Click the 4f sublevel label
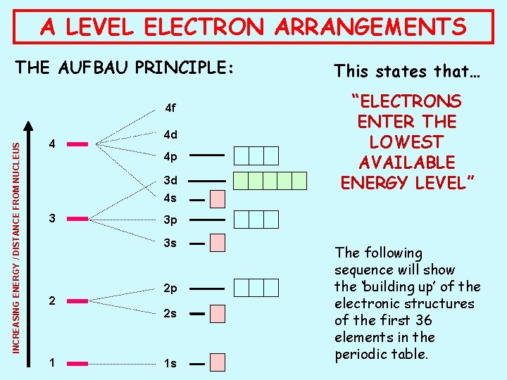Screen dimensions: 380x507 pos(170,109)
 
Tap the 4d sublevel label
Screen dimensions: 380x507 pos(170,134)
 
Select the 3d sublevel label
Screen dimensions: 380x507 pos(170,180)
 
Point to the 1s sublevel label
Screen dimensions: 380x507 pos(170,364)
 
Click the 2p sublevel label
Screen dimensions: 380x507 pos(170,289)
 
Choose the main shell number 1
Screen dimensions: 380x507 pos(51,364)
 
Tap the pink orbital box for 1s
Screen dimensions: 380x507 pos(218,364)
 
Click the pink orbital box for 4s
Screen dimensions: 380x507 pos(218,199)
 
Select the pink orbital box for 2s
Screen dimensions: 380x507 pos(218,313)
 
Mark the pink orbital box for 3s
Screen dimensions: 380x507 pos(218,243)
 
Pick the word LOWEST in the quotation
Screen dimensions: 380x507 pos(408,142)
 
